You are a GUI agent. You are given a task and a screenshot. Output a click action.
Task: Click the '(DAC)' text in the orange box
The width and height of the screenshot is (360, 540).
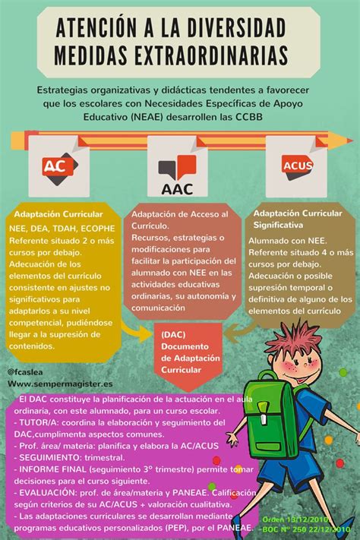[x=174, y=333]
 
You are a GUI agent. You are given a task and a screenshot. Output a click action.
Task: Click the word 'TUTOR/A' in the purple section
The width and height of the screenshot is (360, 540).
[x=39, y=422]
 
